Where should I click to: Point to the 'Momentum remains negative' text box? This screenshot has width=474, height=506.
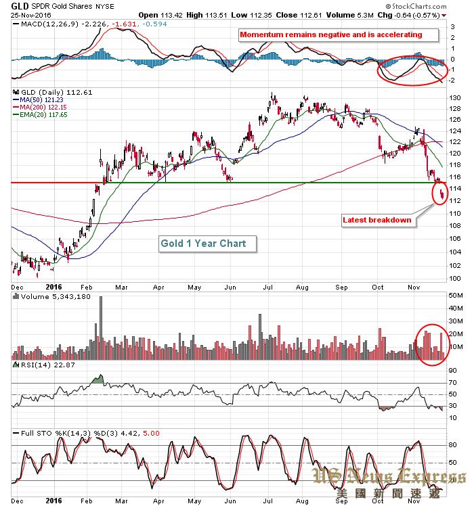[x=330, y=34]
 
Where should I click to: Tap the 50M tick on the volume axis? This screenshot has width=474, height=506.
[x=456, y=296]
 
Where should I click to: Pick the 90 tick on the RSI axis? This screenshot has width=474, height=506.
[x=452, y=371]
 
